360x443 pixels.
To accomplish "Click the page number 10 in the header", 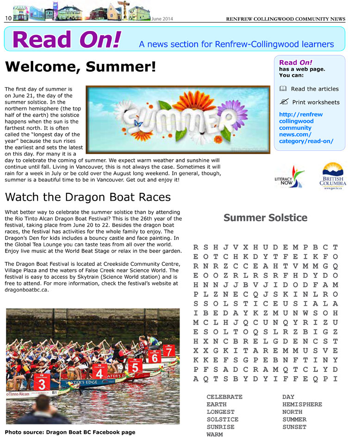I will pos(8,18).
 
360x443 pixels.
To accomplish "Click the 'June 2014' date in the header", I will pos(162,18).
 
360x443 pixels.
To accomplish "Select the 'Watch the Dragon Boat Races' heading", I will pos(87,197).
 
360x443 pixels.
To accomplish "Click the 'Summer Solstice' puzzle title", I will pos(265,217).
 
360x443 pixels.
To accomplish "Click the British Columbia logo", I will pos(332,177).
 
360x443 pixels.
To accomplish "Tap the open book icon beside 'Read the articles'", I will pos(283,89).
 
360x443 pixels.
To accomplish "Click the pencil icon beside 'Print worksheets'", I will pos(284,102).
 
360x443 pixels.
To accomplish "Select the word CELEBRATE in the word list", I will pos(224,397).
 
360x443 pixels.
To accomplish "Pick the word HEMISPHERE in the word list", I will pos(302,404).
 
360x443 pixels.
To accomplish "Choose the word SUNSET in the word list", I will pos(294,427).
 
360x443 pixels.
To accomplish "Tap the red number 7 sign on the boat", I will pos(169,351).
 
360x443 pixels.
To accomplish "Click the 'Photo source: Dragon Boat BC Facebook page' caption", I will pos(70,432).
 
